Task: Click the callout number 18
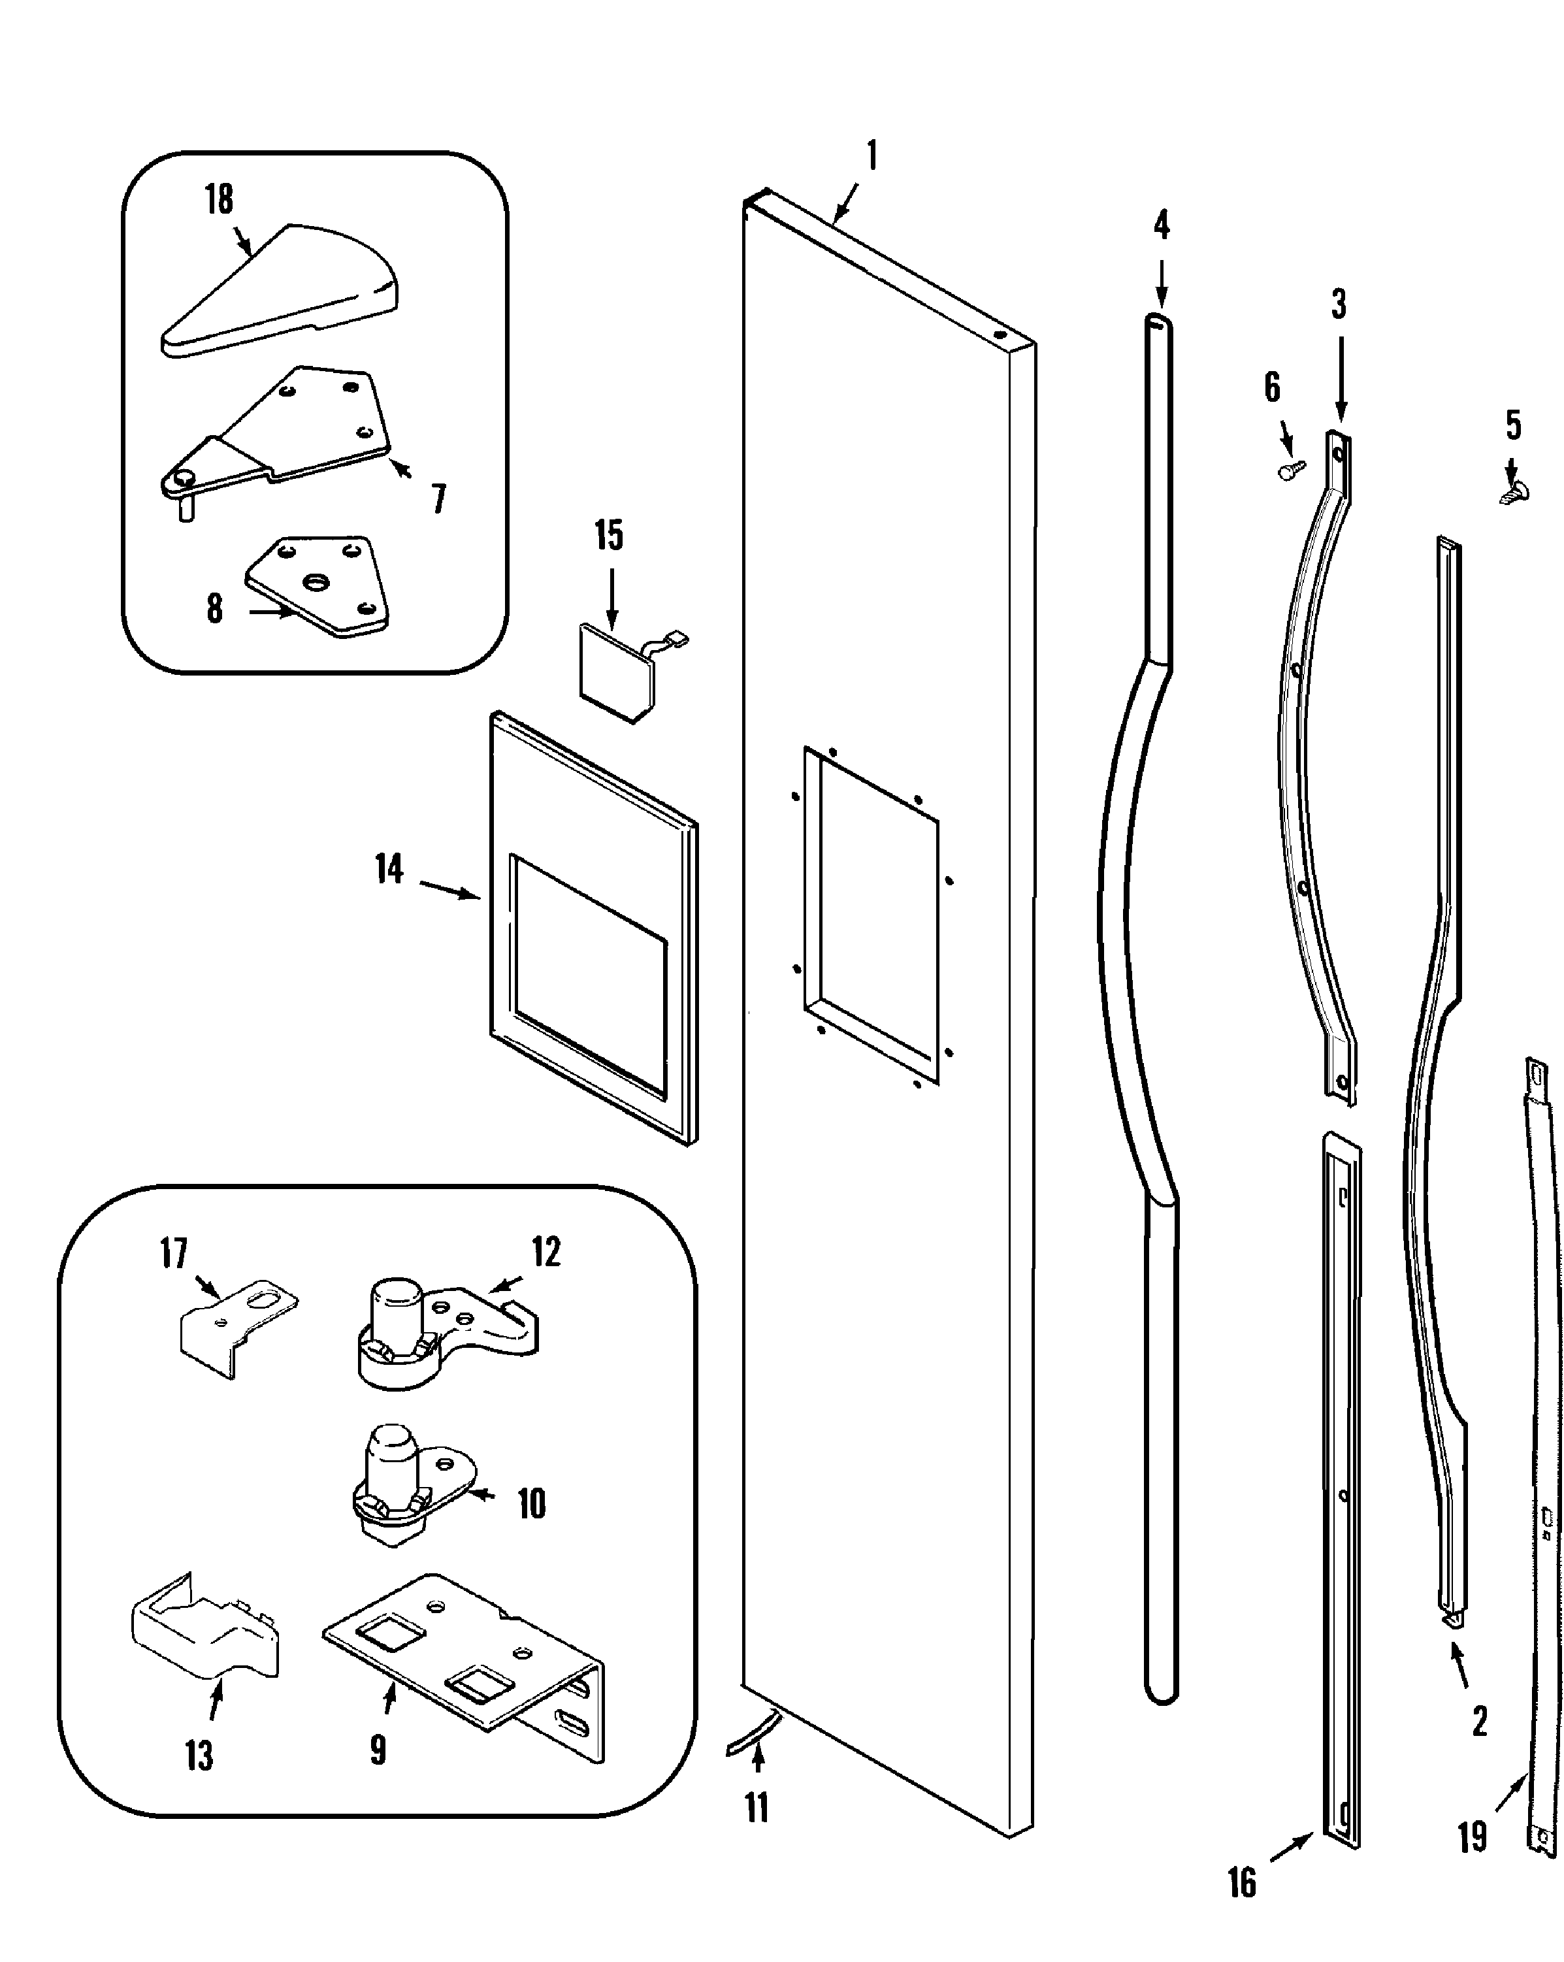tap(218, 200)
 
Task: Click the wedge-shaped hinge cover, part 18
tap(282, 291)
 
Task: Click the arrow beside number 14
tap(450, 889)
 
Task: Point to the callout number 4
tap(1161, 225)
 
